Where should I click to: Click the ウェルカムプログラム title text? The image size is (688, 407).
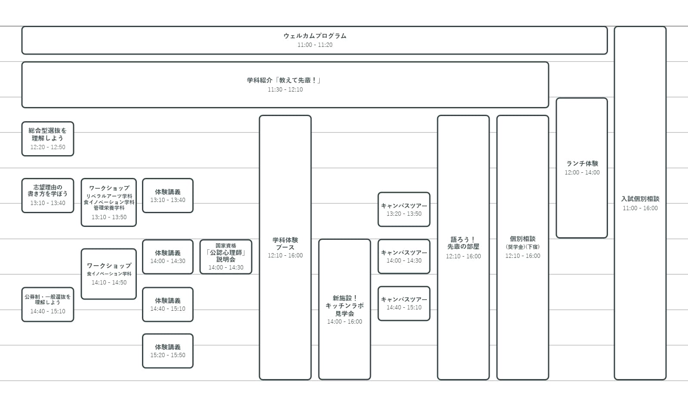coord(315,36)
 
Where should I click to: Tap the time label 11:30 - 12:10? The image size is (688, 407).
coord(285,89)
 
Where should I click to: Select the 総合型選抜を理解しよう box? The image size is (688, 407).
coord(48,139)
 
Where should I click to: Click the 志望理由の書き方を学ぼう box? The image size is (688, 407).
coord(48,196)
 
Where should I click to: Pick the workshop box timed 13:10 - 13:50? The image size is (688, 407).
coord(109,202)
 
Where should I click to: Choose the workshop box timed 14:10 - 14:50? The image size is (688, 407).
coord(109,274)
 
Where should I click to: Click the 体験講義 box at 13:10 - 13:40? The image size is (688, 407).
coord(168,196)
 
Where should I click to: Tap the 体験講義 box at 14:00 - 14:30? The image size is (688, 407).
coord(168,257)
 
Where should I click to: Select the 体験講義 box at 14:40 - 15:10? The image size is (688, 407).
coord(168,305)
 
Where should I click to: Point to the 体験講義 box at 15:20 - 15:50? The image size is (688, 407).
coord(168,351)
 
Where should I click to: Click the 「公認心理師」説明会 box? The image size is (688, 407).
coord(226,257)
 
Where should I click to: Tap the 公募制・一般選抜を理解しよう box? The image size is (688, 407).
coord(48,305)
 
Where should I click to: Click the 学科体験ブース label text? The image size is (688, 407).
coord(285,244)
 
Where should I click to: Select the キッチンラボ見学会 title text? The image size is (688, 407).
coord(345,306)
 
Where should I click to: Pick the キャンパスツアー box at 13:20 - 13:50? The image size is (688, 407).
coord(404,209)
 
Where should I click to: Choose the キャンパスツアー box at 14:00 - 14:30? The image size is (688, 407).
coord(404,257)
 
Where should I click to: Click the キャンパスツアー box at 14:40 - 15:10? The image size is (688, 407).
coord(404,304)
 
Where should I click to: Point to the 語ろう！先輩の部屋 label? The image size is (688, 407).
coord(463,243)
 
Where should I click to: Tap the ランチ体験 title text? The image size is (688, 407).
coord(582,163)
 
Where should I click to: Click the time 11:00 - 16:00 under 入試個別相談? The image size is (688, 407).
coord(640,208)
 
